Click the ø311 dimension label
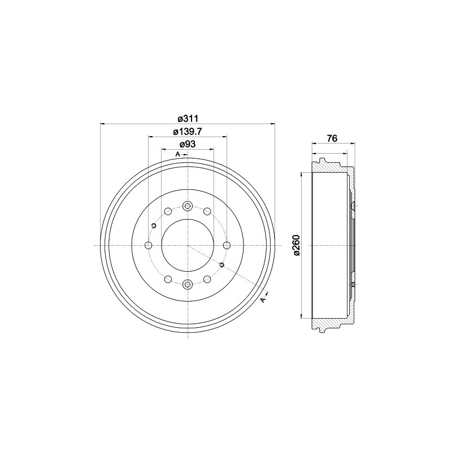187,119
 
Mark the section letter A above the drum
177,154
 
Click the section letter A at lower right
263,299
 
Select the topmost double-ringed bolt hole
188,206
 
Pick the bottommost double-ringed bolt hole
188,284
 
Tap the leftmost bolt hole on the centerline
149,245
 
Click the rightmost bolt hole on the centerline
227,245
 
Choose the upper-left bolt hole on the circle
168,212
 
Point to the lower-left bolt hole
168,279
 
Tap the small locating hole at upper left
153,226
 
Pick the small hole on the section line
221,265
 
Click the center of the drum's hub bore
188,245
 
